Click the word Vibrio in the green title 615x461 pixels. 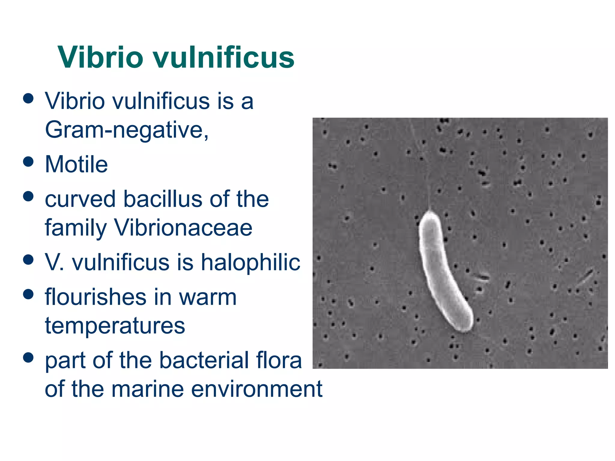coord(101,57)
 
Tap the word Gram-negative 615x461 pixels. coord(126,130)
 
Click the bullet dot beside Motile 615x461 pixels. coord(28,162)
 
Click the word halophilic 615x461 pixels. coord(250,262)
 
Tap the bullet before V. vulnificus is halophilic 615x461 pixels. coord(28,260)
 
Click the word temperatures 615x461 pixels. coord(115,326)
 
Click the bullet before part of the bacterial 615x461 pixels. coord(28,357)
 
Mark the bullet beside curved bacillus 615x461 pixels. coord(28,196)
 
